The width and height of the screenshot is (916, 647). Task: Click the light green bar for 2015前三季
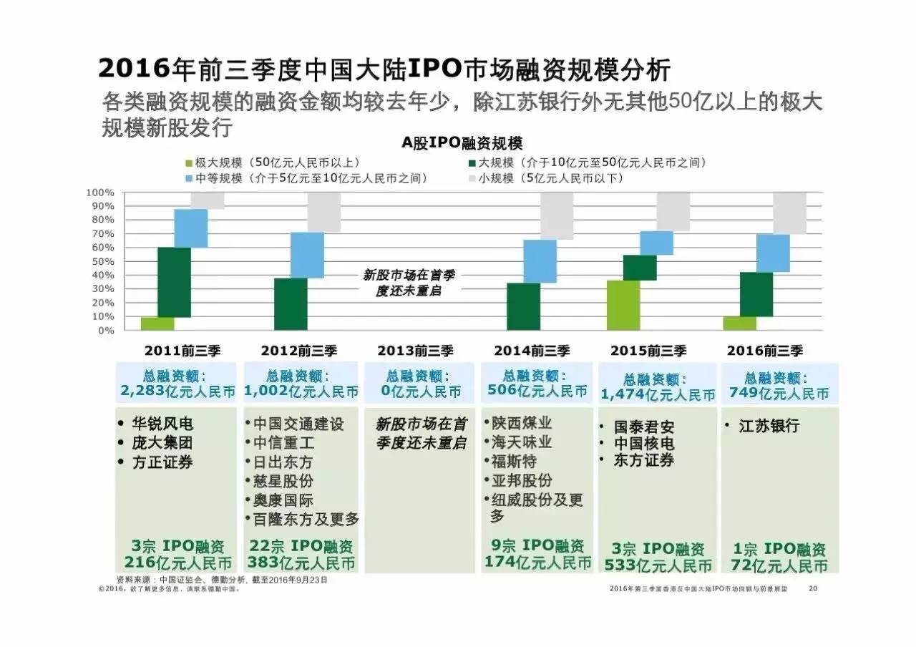point(623,305)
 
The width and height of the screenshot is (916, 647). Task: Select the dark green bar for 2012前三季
point(291,304)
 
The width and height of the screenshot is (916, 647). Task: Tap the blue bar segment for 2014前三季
point(540,261)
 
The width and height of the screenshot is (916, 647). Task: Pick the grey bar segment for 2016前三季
point(789,213)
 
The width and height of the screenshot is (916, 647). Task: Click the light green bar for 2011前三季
point(157,323)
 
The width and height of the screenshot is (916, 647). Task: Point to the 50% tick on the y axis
point(100,261)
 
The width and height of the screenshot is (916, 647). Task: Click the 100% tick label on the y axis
point(99,193)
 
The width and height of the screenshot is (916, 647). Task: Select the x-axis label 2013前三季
point(415,351)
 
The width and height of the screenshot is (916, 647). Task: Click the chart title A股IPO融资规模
point(462,143)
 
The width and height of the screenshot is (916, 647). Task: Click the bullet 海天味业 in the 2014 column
point(522,442)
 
